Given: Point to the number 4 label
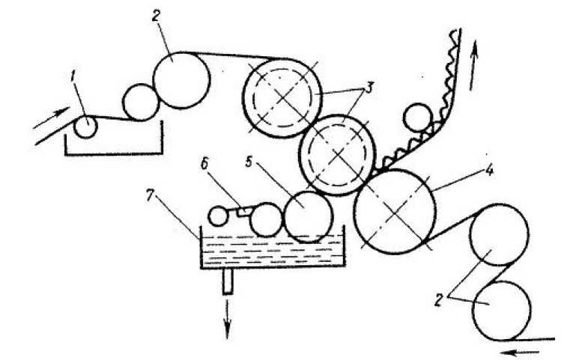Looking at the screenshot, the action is coord(488,170).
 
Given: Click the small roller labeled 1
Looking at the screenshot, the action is coord(85,127).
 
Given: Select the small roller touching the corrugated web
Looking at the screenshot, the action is coord(416,118).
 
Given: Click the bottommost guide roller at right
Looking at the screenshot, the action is coord(501,309).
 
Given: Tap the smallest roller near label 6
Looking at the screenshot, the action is coord(218,216).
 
